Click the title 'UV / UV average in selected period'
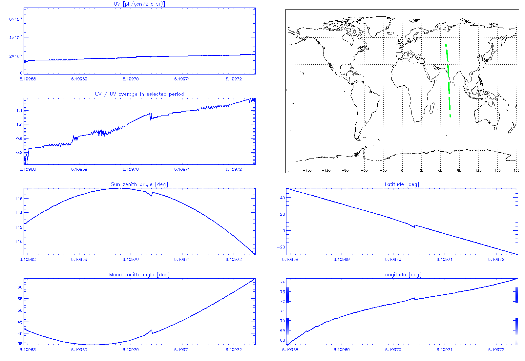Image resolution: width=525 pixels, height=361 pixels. point(139,94)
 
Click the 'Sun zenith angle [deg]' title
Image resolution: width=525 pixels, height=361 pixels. point(139,184)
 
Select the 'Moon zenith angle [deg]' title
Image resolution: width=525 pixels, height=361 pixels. point(139,275)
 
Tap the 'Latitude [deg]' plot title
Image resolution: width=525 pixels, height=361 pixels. point(402,184)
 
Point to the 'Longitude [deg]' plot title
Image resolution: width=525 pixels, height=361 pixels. point(402,275)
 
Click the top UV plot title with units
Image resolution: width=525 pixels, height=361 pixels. point(139,4)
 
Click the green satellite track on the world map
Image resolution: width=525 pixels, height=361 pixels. point(448,79)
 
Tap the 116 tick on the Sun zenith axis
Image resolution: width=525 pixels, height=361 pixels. point(19,199)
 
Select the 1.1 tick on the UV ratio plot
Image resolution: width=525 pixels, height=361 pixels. point(19,111)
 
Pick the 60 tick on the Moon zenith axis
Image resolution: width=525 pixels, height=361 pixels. point(20,287)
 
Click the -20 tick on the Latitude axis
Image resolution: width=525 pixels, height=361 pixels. point(281,247)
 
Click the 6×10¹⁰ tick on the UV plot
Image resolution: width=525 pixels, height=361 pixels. point(16,19)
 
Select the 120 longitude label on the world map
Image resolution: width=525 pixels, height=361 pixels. point(478,170)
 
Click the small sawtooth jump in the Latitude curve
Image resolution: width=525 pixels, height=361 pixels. point(415,226)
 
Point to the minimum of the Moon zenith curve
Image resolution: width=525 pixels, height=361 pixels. point(95,345)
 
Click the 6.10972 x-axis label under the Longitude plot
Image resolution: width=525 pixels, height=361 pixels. point(496,350)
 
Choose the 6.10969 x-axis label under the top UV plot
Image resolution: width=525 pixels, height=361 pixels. point(79,79)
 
